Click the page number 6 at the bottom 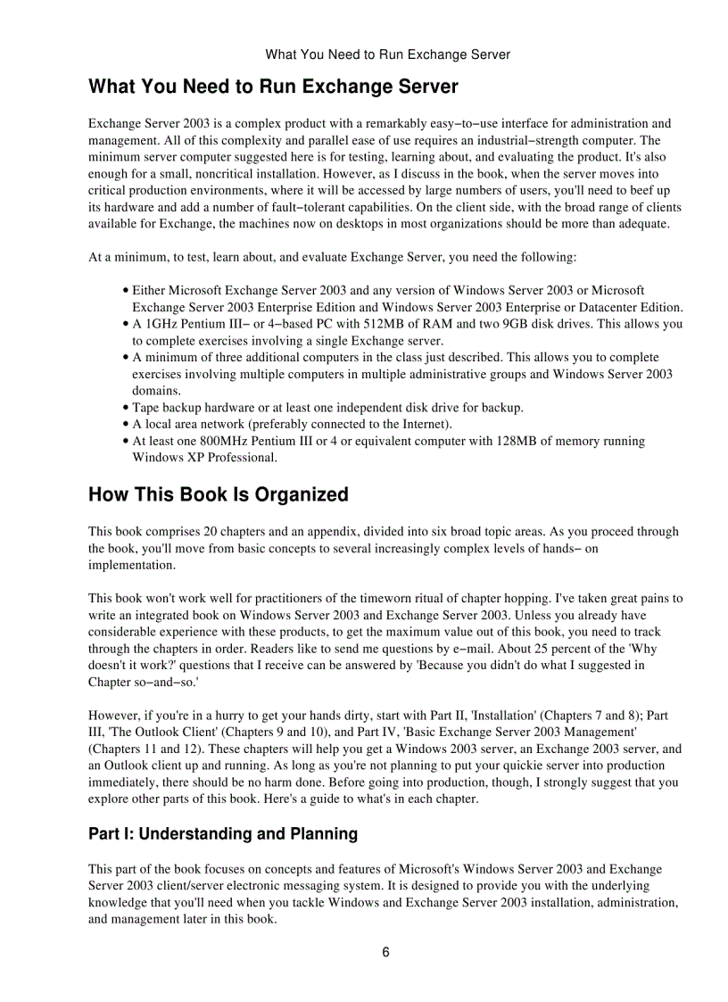[x=385, y=952]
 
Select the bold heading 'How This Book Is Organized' [x=218, y=494]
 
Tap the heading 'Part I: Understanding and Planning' [x=222, y=834]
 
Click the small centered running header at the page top [x=387, y=54]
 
